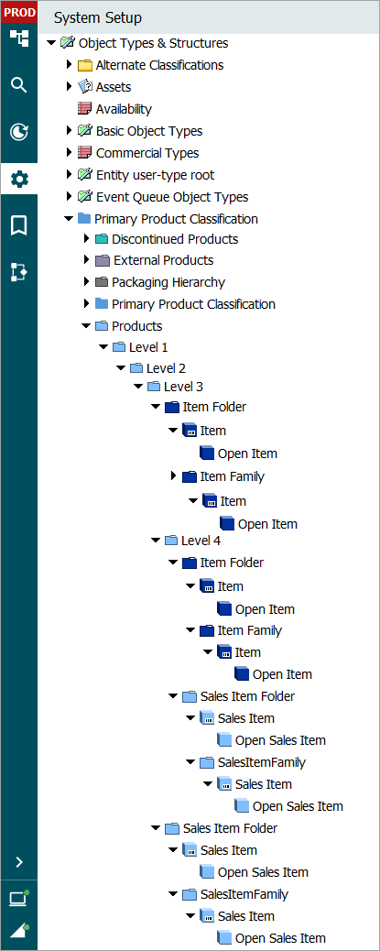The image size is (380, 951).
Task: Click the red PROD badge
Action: [x=19, y=12]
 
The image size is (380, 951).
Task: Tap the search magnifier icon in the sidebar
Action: [x=19, y=85]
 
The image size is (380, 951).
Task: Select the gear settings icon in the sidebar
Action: [x=19, y=180]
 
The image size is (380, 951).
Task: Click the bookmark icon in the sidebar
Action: [x=19, y=225]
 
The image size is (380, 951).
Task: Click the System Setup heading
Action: [x=98, y=18]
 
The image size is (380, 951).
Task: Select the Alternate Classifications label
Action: [x=159, y=65]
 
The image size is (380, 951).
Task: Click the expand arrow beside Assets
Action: [x=69, y=87]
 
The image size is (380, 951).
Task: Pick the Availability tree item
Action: [x=124, y=109]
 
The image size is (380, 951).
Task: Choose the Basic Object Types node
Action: [x=149, y=131]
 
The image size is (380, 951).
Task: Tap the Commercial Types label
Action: [x=147, y=153]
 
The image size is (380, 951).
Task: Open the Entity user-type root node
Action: [x=155, y=175]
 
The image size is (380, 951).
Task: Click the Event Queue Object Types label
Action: [x=172, y=197]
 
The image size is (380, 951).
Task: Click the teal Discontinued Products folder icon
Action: [x=102, y=239]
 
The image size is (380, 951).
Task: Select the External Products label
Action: [x=164, y=260]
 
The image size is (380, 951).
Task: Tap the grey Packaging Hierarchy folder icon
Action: [x=102, y=282]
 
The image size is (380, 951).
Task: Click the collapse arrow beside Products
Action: [x=86, y=326]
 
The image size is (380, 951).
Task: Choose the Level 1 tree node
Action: [x=148, y=347]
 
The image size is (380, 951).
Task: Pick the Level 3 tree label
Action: [x=184, y=387]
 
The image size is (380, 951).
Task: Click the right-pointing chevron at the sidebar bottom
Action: [x=19, y=862]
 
